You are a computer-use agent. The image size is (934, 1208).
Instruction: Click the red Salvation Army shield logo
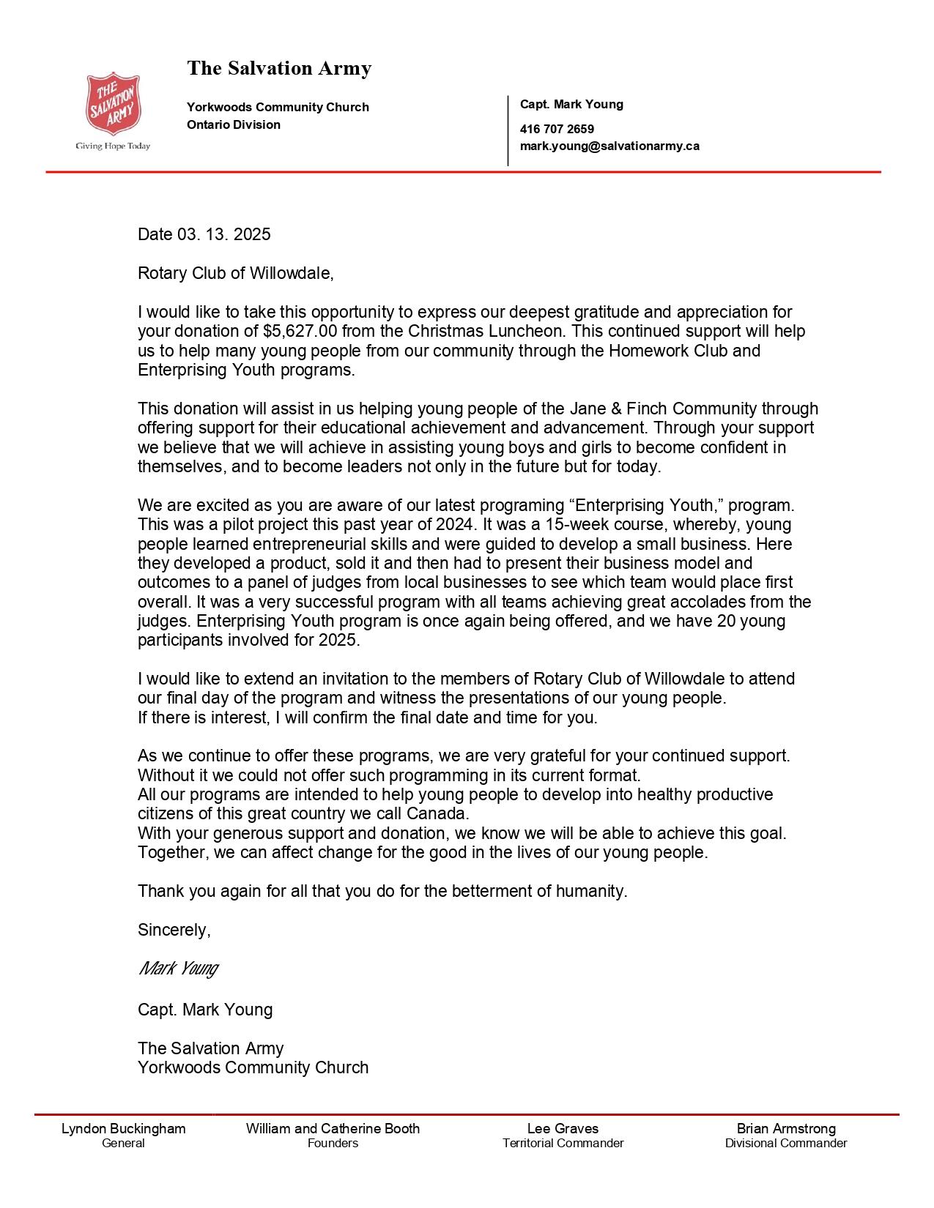[x=113, y=103]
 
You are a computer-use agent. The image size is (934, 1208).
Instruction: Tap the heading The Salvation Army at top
[x=279, y=69]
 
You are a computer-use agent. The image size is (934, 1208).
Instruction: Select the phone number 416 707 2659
[x=557, y=130]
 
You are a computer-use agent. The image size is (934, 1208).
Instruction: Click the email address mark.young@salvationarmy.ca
[x=609, y=146]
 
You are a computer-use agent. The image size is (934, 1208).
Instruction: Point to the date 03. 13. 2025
[x=223, y=234]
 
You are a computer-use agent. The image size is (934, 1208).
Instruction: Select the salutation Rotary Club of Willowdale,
[x=236, y=274]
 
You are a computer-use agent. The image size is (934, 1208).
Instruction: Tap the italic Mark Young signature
[x=178, y=969]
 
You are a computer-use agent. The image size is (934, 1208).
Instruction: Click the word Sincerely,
[x=174, y=931]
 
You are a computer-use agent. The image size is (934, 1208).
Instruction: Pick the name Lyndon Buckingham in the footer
[x=123, y=1129]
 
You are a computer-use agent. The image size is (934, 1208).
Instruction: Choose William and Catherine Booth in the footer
[x=333, y=1129]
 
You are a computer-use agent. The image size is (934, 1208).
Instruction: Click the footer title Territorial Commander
[x=563, y=1144]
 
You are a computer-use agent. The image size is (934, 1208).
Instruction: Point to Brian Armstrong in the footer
[x=786, y=1129]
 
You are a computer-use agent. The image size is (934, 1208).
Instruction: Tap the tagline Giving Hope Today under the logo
[x=113, y=146]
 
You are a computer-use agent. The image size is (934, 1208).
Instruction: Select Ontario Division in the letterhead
[x=234, y=125]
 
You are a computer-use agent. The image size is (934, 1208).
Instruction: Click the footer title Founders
[x=333, y=1144]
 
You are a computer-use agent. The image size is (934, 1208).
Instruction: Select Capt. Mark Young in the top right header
[x=571, y=105]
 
